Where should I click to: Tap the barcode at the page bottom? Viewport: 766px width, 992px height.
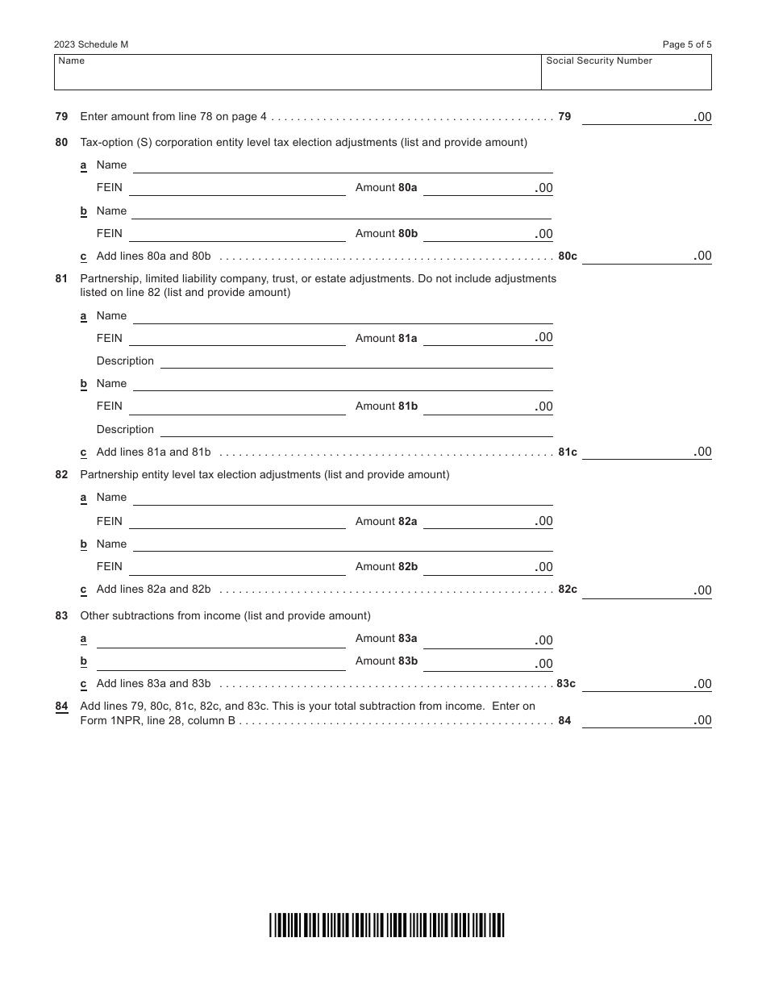(x=387, y=924)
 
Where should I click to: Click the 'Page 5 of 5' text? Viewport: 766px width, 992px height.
(x=687, y=45)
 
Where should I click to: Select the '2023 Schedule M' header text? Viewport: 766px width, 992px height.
(x=91, y=45)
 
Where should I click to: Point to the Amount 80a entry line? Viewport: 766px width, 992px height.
(x=487, y=188)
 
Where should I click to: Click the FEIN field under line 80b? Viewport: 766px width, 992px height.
(x=237, y=234)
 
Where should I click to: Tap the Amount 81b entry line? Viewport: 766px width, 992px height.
(x=487, y=406)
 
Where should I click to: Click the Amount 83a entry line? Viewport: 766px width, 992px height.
(x=487, y=640)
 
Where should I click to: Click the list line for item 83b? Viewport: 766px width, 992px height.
(x=221, y=663)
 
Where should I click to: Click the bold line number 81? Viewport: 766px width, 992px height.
(x=61, y=278)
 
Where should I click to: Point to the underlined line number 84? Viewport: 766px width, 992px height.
(x=61, y=706)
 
